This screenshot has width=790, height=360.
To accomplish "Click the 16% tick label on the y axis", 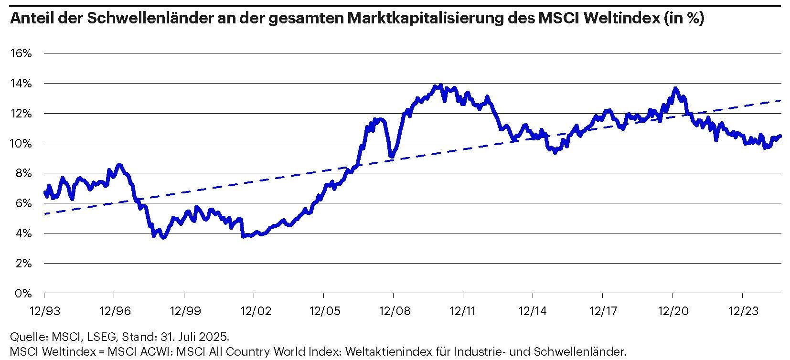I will pyautogui.click(x=21, y=53).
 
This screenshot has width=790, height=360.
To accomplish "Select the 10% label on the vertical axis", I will pyautogui.click(x=21, y=143).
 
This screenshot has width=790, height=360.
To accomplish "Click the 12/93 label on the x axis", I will pyautogui.click(x=44, y=311).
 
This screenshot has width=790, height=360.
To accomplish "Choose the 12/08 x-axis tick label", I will pyautogui.click(x=393, y=311).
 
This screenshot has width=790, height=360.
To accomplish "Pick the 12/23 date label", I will pyautogui.click(x=742, y=311).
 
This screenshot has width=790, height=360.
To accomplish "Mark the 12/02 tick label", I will pyautogui.click(x=254, y=311).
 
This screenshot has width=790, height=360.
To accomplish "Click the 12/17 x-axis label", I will pyautogui.click(x=602, y=311).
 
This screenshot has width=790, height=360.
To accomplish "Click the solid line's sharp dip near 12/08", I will pyautogui.click(x=392, y=156).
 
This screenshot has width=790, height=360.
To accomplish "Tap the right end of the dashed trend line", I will pyautogui.click(x=780, y=100).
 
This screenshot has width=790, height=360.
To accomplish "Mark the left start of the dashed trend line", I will pyautogui.click(x=44, y=214).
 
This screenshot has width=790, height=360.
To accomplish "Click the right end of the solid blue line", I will pyautogui.click(x=780, y=136).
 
